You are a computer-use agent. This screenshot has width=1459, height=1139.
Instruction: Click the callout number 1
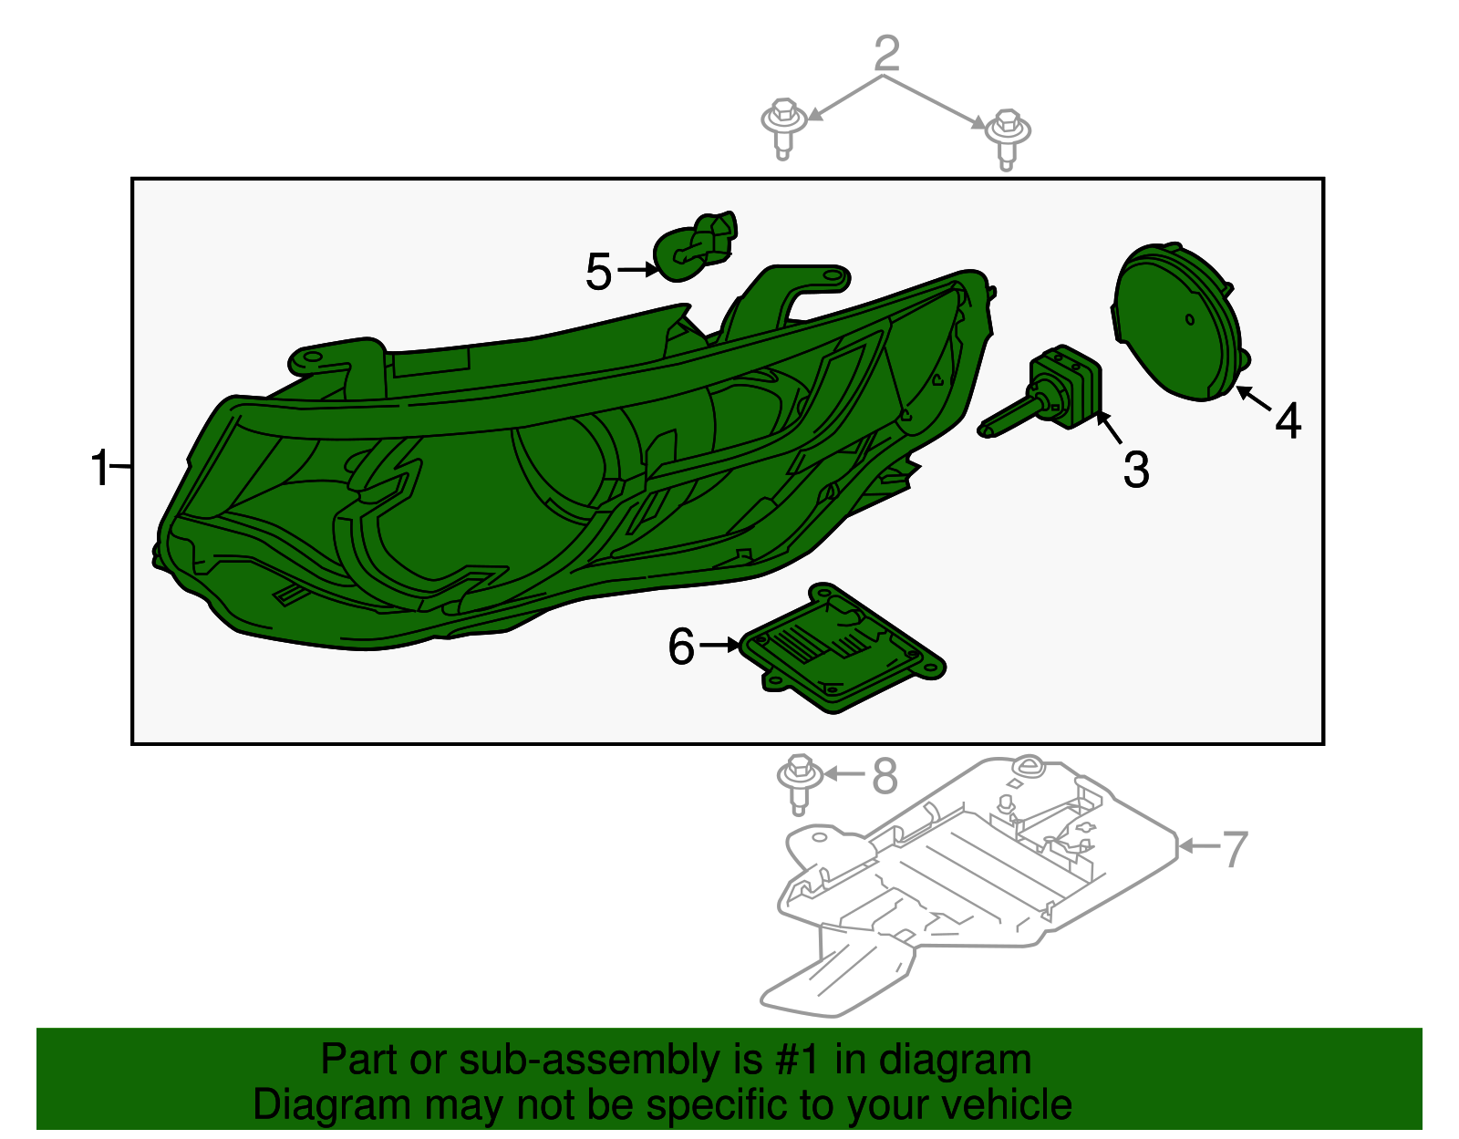point(99,469)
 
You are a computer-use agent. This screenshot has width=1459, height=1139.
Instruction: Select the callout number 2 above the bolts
point(886,54)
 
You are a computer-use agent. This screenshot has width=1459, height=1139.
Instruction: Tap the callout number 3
point(1135,471)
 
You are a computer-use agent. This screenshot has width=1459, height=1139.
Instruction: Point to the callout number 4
point(1288,421)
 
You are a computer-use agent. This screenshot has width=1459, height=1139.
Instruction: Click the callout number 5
point(598,272)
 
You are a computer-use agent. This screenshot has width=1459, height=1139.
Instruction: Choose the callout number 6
point(681,647)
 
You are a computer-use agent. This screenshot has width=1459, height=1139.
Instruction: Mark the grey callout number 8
point(885,776)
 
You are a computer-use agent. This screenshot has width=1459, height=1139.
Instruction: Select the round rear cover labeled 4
point(1178,321)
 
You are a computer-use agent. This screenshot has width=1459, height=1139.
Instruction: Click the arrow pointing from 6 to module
point(721,645)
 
